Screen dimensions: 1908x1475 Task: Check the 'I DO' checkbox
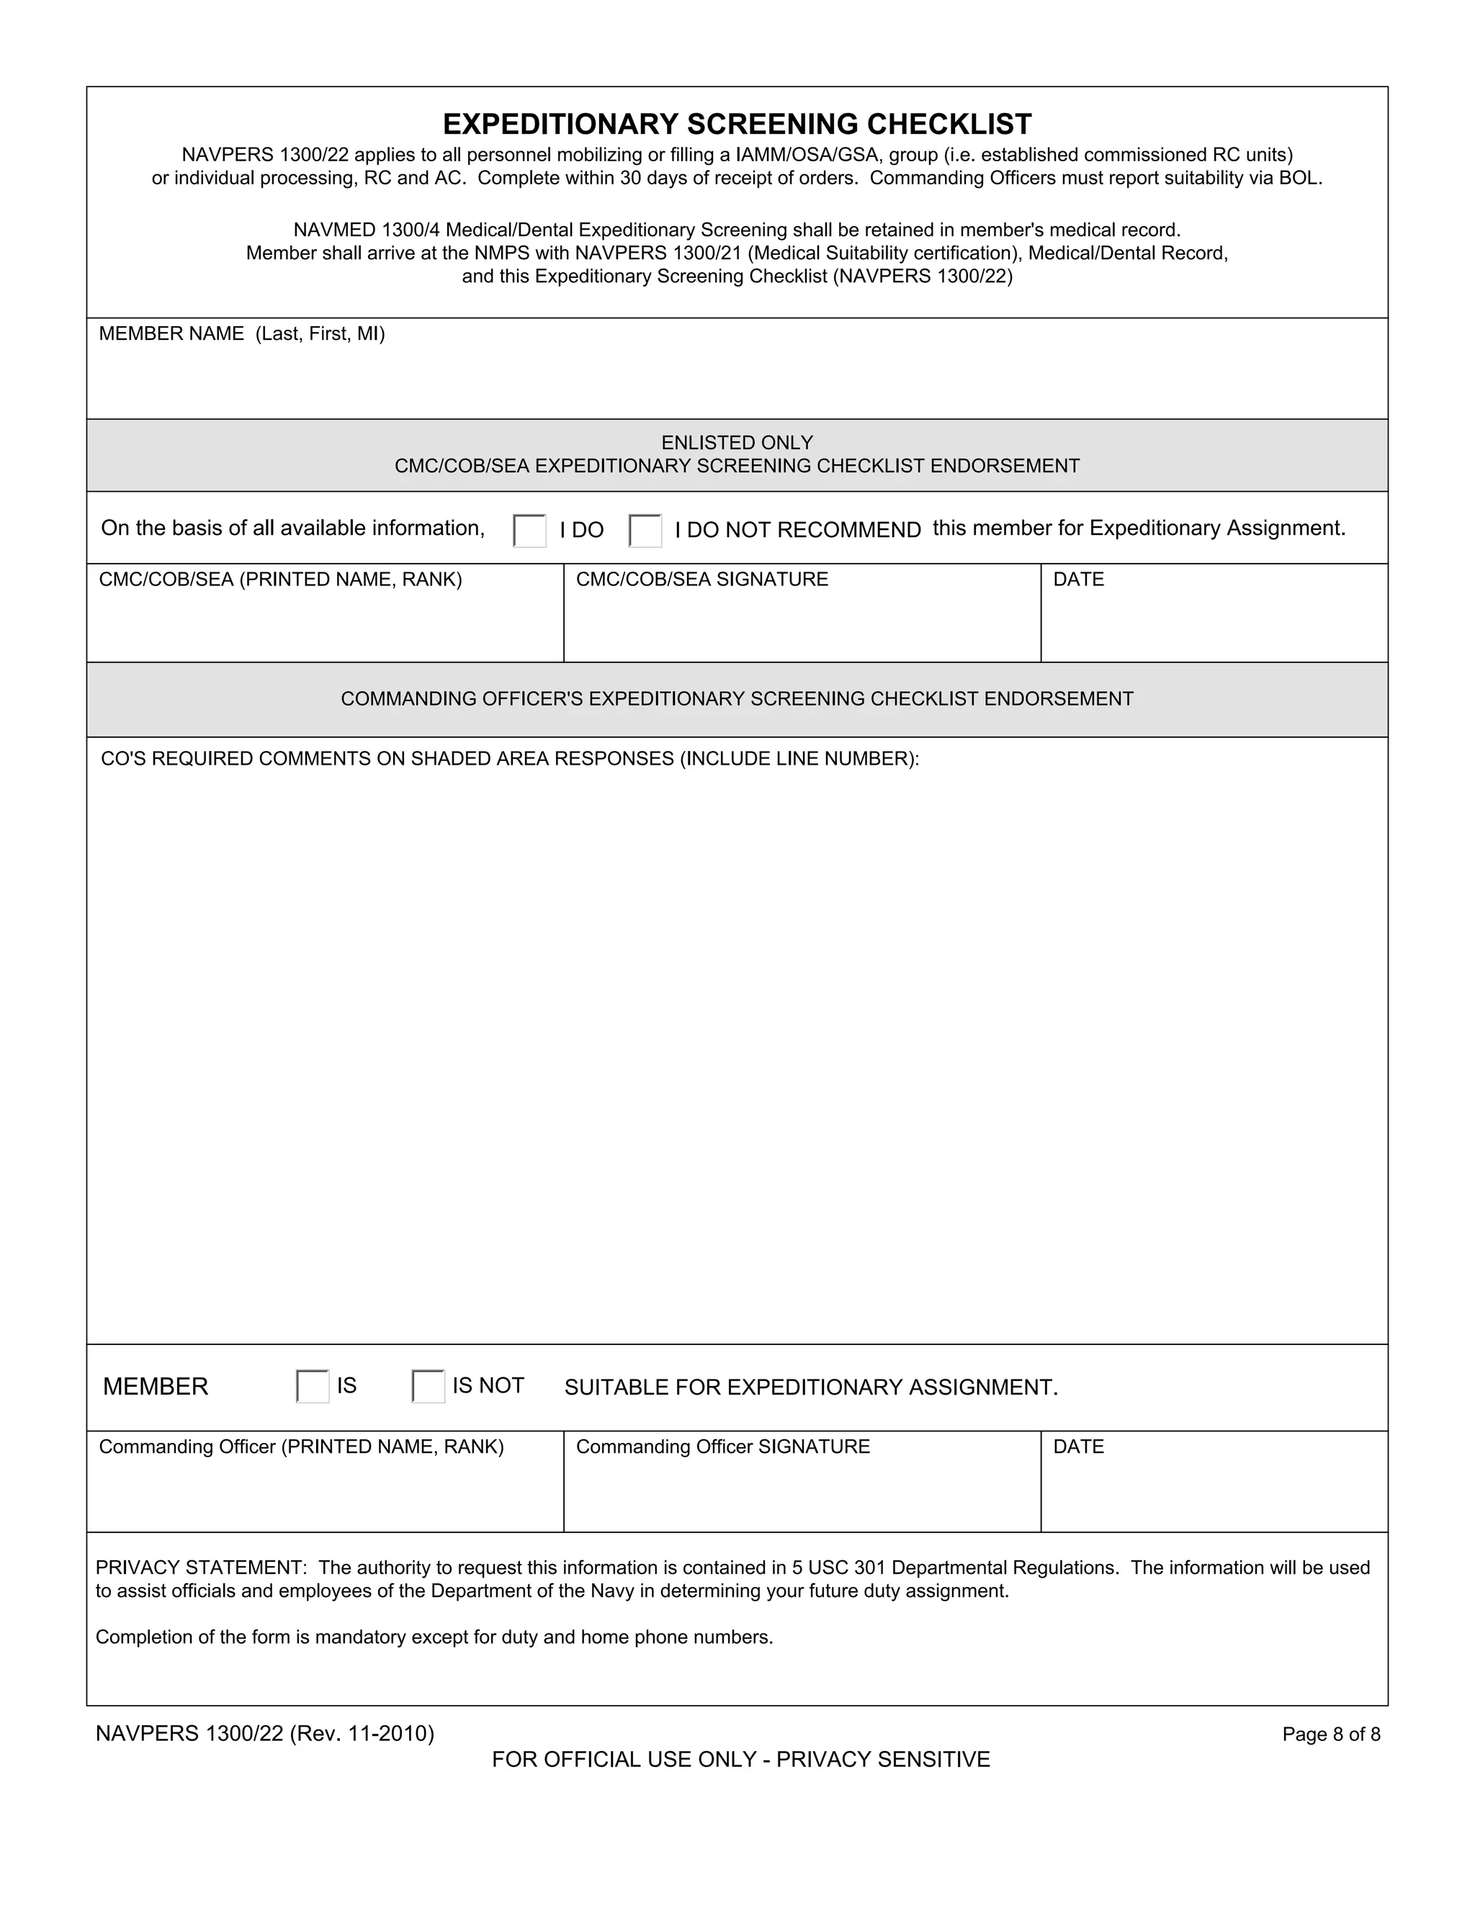pyautogui.click(x=529, y=531)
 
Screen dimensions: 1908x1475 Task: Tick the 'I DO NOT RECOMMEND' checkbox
pyautogui.click(x=645, y=531)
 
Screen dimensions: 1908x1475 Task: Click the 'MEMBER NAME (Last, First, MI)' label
pyautogui.click(x=241, y=334)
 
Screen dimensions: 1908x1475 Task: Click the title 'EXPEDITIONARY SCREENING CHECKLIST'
pyautogui.click(x=737, y=124)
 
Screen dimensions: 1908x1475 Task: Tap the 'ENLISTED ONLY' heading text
pyautogui.click(x=737, y=442)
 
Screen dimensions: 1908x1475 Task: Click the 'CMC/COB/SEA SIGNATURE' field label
pyautogui.click(x=701, y=579)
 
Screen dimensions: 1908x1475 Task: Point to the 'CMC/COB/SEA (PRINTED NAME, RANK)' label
pyautogui.click(x=280, y=579)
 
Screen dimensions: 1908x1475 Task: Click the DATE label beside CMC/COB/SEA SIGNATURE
pyautogui.click(x=1078, y=579)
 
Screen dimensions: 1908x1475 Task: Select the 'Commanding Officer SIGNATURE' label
pyautogui.click(x=722, y=1446)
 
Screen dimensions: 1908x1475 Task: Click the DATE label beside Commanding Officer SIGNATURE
pyautogui.click(x=1078, y=1446)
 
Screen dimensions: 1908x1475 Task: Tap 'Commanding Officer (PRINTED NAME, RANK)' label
pyautogui.click(x=302, y=1446)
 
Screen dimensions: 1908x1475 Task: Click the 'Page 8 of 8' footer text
pyautogui.click(x=1331, y=1734)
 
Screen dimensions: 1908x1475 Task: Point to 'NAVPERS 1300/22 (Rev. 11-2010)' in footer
pyautogui.click(x=265, y=1733)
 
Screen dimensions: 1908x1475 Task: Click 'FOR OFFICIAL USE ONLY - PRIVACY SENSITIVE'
pyautogui.click(x=741, y=1760)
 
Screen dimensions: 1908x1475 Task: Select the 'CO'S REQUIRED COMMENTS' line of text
pyautogui.click(x=509, y=758)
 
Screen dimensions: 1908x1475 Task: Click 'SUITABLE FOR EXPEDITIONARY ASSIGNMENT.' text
pyautogui.click(x=811, y=1387)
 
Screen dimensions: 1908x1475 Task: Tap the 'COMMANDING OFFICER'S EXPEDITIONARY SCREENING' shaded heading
pyautogui.click(x=737, y=699)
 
